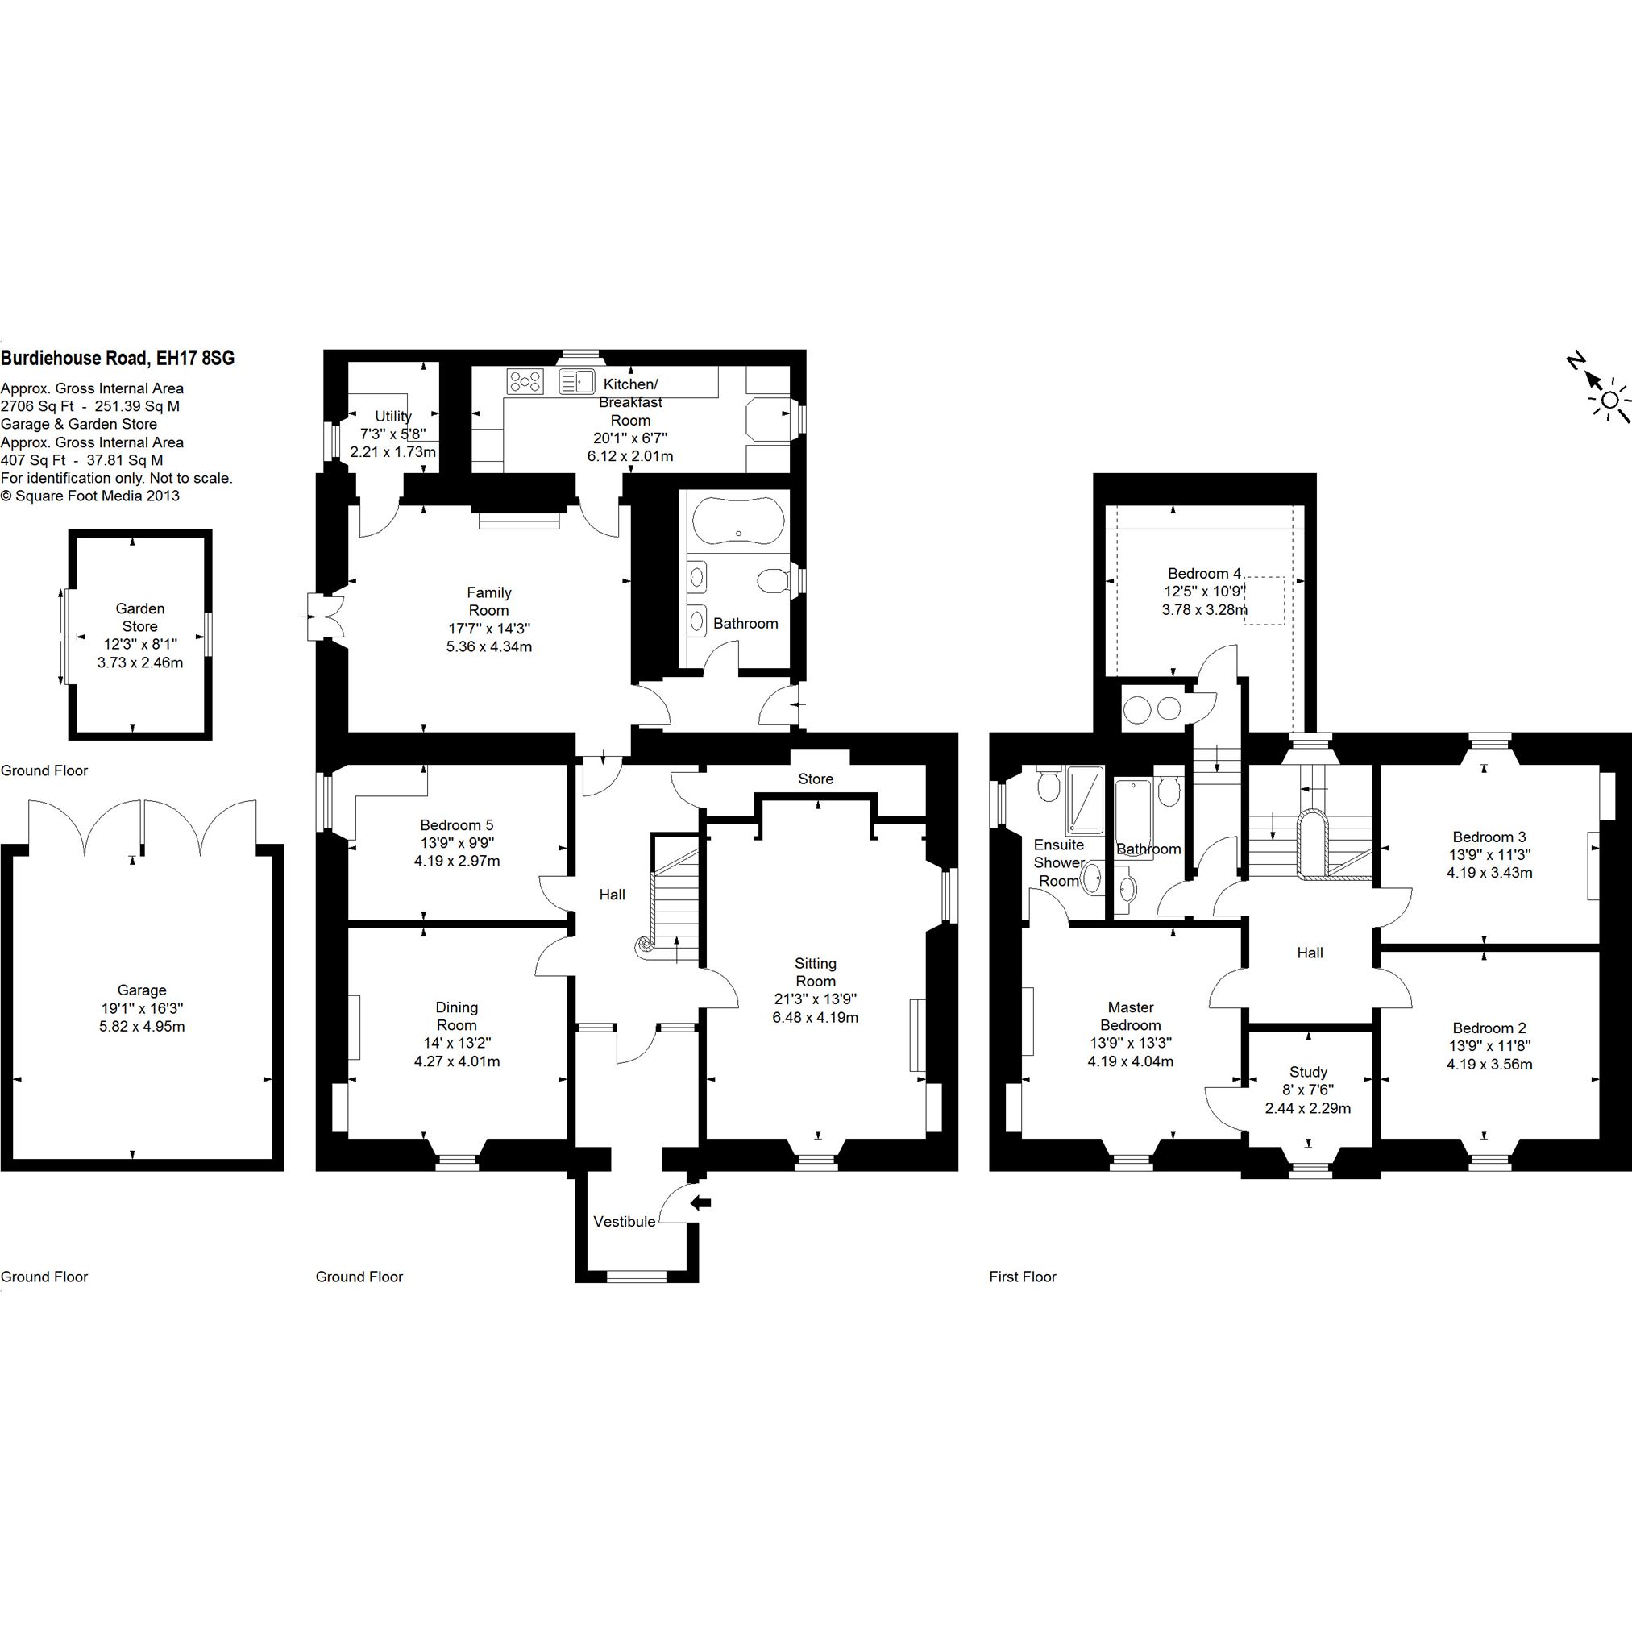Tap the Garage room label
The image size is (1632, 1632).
(x=142, y=990)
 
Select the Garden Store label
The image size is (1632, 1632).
(x=140, y=617)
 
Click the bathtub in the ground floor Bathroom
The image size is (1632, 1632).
(x=738, y=521)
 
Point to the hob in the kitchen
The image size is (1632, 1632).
(x=525, y=382)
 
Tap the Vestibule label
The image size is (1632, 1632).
(x=625, y=1222)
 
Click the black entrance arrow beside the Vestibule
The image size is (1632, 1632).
(x=700, y=1203)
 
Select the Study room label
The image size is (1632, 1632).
(x=1309, y=1073)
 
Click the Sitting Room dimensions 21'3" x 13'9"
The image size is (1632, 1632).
(x=815, y=999)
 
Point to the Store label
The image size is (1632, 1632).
(x=816, y=779)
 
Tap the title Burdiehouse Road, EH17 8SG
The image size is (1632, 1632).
(x=118, y=358)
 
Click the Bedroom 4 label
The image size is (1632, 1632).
(x=1205, y=574)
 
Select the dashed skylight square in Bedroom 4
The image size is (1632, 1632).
(x=1264, y=601)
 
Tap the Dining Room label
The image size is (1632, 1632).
(x=457, y=1016)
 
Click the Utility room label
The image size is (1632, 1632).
(x=393, y=417)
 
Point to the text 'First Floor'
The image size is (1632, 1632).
(x=1023, y=1277)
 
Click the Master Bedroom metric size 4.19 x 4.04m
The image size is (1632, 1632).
(x=1130, y=1062)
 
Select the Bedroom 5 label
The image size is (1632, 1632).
(x=457, y=825)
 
